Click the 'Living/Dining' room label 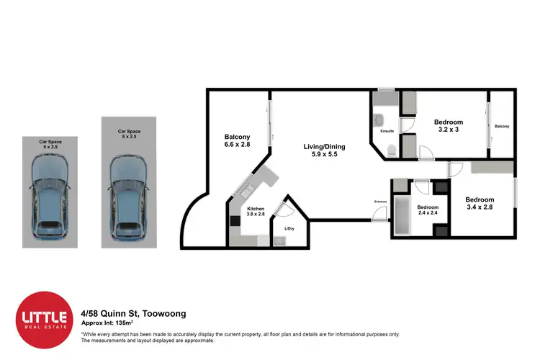[x=319, y=149]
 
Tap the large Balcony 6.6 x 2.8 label [x=237, y=141]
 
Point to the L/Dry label [x=289, y=228]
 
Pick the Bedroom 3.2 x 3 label [x=448, y=126]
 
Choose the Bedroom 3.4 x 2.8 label [x=479, y=203]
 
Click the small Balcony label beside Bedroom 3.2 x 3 [x=501, y=127]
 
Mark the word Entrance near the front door [x=380, y=201]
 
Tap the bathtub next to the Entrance [x=401, y=215]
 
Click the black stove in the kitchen [x=234, y=222]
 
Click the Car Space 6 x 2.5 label [x=129, y=134]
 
